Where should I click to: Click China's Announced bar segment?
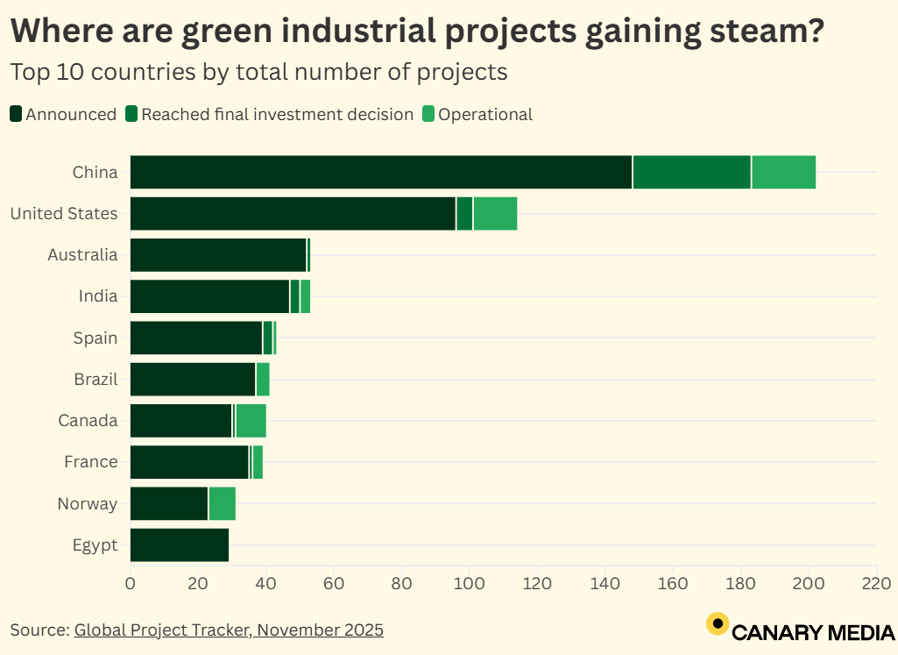380,172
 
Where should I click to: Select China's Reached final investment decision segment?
692,172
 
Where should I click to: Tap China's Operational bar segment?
783,172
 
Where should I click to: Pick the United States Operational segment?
495,213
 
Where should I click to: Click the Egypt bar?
179,545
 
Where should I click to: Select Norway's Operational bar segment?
223,503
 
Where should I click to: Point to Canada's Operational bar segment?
251,421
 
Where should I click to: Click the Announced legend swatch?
17,114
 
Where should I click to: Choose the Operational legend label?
484,114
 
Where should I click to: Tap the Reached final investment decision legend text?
277,114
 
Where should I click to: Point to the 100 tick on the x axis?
470,582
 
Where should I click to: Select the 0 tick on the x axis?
131,582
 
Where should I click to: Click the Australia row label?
82,255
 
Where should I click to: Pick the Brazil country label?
95,380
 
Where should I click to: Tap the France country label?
91,462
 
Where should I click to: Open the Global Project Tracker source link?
229,630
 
